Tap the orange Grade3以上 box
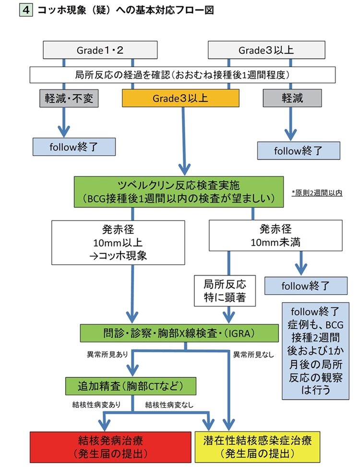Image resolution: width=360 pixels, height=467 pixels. pyautogui.click(x=180, y=98)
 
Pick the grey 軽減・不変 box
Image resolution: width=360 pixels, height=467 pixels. pyautogui.click(x=68, y=98)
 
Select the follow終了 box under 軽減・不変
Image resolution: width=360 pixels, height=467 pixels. pyautogui.click(x=74, y=147)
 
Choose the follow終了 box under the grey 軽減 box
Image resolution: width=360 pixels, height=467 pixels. pyautogui.click(x=299, y=150)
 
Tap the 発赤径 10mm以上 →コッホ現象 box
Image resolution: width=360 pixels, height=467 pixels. pyautogui.click(x=118, y=242)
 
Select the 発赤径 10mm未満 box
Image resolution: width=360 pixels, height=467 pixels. pyautogui.click(x=275, y=235)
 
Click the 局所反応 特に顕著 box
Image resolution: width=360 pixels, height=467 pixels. pyautogui.click(x=225, y=292)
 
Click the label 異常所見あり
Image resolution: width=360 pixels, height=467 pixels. pyautogui.click(x=106, y=355)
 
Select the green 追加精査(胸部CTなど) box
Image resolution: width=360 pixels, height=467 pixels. pyautogui.click(x=131, y=385)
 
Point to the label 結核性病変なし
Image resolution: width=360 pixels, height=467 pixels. pyautogui.click(x=169, y=405)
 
